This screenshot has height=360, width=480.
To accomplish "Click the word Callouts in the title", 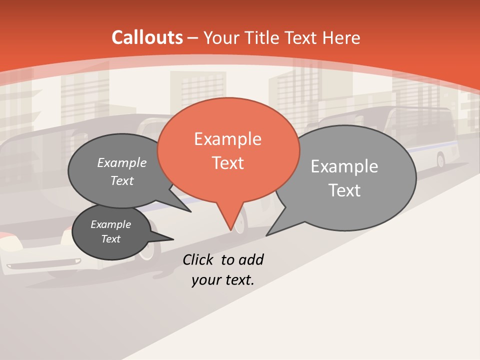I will point(147,38).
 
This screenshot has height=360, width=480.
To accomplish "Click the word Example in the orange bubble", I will point(227,139).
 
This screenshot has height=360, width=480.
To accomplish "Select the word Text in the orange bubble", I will point(227,163).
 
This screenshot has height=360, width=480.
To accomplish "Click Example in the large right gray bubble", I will point(344,166).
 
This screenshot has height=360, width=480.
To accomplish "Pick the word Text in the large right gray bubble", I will point(344,190).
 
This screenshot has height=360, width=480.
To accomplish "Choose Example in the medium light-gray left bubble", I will point(122,162).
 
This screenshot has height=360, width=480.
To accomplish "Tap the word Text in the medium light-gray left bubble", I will point(122,181).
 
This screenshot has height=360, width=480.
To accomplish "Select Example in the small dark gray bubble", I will point(110,224).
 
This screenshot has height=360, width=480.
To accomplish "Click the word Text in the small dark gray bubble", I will point(110,239).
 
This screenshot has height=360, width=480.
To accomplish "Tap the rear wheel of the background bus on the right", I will point(440,160).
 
